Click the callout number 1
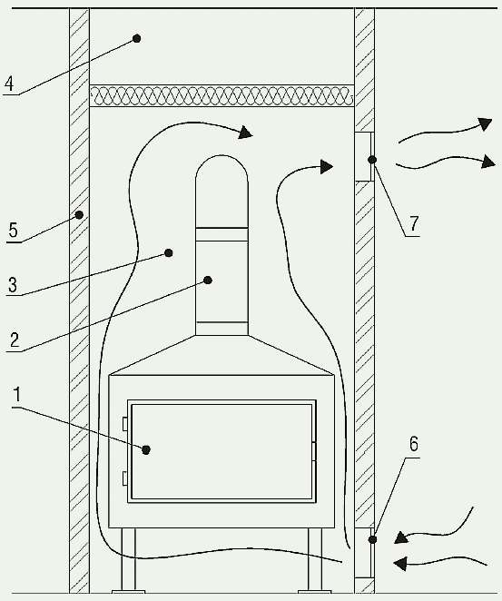tap(16, 394)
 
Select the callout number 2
tap(15, 340)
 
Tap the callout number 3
tap(13, 285)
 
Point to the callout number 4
tap(9, 84)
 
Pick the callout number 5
tap(14, 231)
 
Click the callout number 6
tap(414, 443)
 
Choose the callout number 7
tap(414, 223)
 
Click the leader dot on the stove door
tap(145, 449)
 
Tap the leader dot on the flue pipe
tap(208, 281)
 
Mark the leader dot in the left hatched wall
tap(79, 215)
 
